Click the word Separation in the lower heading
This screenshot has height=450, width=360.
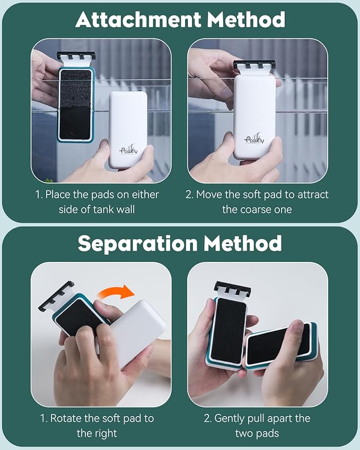click(137, 243)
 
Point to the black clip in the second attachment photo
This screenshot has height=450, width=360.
click(254, 65)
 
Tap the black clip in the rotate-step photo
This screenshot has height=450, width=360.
click(56, 296)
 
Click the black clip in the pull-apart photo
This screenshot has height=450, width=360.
click(232, 289)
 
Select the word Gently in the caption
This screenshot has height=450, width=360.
click(230, 418)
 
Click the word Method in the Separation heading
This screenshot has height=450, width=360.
click(243, 243)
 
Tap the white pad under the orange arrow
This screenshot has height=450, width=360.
click(137, 330)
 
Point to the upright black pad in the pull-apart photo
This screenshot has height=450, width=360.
click(229, 330)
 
